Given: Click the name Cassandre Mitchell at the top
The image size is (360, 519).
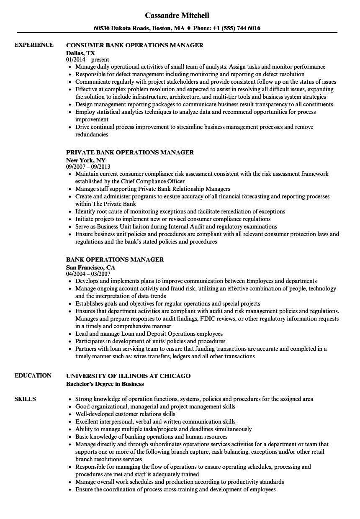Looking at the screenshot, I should [177, 15].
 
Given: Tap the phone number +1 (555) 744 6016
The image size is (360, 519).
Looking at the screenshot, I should [237, 28].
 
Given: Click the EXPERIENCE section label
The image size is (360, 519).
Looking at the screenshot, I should [34, 45].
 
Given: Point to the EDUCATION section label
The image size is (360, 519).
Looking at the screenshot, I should [33, 375].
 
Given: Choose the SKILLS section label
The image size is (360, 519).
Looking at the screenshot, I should [25, 399].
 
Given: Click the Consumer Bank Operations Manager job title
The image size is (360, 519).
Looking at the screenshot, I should [135, 45].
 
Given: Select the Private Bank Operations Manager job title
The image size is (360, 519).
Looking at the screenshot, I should [130, 152].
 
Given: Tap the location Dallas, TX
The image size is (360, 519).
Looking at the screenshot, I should [80, 53].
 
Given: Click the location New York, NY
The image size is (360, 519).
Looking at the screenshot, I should [86, 160].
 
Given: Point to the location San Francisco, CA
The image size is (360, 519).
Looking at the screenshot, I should [90, 267].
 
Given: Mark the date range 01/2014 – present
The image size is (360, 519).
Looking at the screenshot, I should [87, 60].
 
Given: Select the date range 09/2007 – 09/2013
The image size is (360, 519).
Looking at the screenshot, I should [88, 167].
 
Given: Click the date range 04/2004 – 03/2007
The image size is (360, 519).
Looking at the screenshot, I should [88, 274].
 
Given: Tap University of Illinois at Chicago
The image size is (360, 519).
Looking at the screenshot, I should [129, 376].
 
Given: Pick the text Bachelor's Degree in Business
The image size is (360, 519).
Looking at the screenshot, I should [105, 384].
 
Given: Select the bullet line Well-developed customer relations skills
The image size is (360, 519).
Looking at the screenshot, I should [125, 414].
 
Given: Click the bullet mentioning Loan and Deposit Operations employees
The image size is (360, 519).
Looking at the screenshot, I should [149, 334].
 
